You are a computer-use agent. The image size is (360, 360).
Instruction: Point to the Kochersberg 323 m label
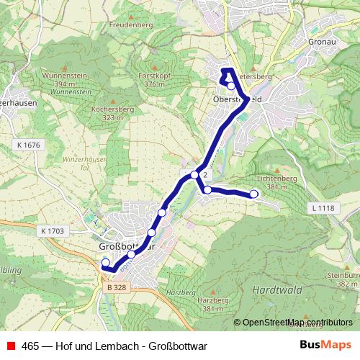click(108, 112)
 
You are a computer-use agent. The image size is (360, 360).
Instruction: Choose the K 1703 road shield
click(53, 231)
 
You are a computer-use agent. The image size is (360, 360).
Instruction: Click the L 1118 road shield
click(325, 208)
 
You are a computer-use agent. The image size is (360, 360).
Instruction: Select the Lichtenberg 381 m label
click(271, 182)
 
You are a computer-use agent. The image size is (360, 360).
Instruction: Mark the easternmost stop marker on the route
click(253, 194)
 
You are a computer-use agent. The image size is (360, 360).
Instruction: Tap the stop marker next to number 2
click(194, 175)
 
